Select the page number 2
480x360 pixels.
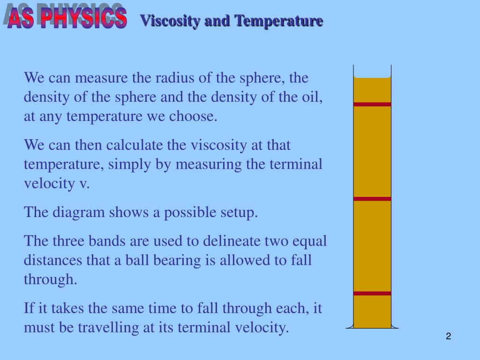click(449, 336)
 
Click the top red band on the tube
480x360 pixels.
click(372, 104)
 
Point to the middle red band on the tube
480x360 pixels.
click(372, 199)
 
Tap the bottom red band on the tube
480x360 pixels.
click(372, 293)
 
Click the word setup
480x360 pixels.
click(238, 212)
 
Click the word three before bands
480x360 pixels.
click(67, 241)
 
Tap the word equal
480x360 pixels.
click(309, 241)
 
